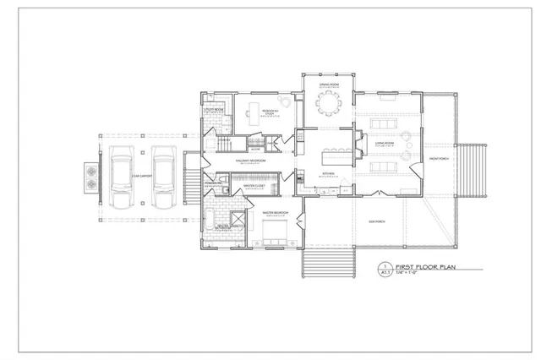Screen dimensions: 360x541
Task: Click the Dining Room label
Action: tap(329, 85)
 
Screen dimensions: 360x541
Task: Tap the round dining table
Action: tap(329, 103)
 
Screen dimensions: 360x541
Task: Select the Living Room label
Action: tap(385, 145)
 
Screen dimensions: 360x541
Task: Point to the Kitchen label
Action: tap(329, 173)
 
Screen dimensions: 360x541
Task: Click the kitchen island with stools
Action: tap(333, 156)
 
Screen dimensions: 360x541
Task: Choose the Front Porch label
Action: tap(438, 159)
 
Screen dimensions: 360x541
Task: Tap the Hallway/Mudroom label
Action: tap(250, 159)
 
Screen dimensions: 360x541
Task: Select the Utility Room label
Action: tap(213, 110)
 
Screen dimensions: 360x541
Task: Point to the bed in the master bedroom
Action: tap(276, 232)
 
